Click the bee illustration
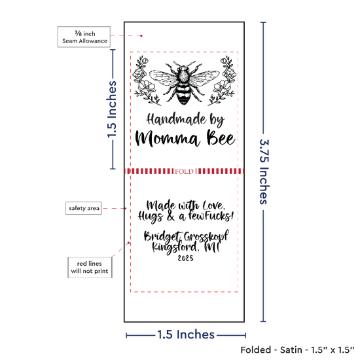click(x=184, y=82)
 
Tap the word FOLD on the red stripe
click(x=184, y=171)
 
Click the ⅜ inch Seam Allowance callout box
click(x=84, y=37)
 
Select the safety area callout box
click(x=84, y=208)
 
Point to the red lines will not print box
click(x=90, y=268)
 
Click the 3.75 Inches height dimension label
click(x=264, y=171)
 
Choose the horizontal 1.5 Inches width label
click(x=186, y=334)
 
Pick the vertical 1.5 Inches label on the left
click(x=112, y=109)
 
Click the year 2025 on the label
click(x=185, y=259)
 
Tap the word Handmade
click(x=176, y=119)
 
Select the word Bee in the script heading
click(x=221, y=137)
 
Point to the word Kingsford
click(x=175, y=247)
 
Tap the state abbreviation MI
click(x=212, y=247)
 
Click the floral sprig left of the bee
click(x=146, y=81)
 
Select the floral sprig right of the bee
click(x=222, y=81)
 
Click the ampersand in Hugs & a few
click(x=171, y=217)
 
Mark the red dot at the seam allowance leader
click(x=141, y=36)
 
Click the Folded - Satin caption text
click(x=297, y=350)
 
